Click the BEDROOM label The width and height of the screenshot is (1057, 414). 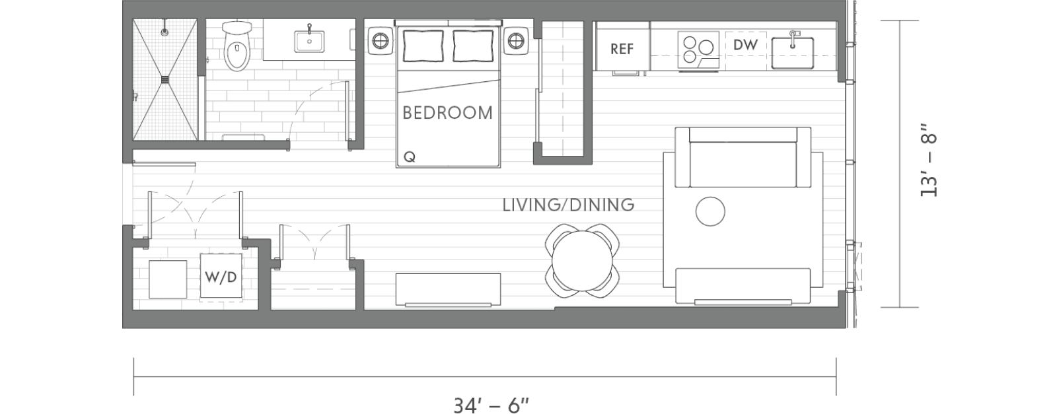coord(447,113)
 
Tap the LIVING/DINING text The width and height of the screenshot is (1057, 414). coord(568,205)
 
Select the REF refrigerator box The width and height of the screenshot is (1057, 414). coord(622,49)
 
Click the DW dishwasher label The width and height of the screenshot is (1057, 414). coord(745,46)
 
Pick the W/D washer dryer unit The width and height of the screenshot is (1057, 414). coord(221,277)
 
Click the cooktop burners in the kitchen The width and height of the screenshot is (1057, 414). coord(698,48)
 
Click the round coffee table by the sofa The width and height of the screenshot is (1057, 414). coord(710,211)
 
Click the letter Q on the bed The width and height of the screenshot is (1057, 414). coord(410,157)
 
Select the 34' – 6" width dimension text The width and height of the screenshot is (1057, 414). coord(492,405)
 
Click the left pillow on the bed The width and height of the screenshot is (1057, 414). coord(423,46)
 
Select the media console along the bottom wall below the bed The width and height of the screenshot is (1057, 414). coord(448,289)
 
